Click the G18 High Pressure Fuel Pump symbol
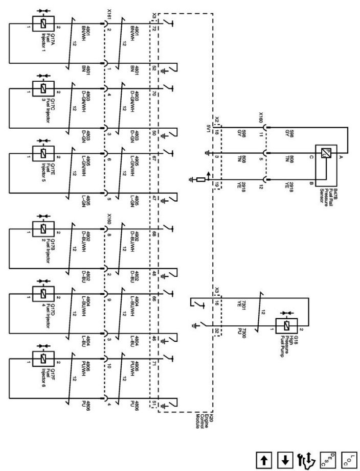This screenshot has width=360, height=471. click(286, 325)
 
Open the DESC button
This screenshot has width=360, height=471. click(326, 458)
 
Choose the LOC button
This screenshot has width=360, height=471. click(347, 458)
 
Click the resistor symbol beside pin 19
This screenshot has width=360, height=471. click(201, 179)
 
